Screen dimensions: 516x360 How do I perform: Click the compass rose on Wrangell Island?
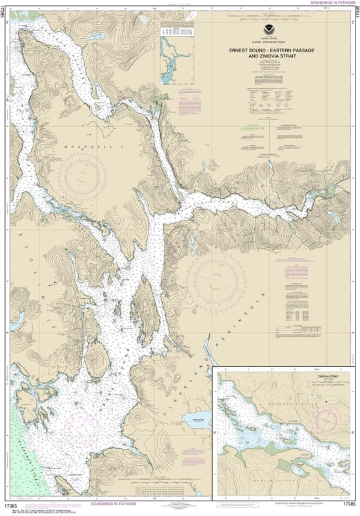tap(82, 175)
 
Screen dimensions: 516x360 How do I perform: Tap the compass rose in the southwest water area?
tap(81, 426)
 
